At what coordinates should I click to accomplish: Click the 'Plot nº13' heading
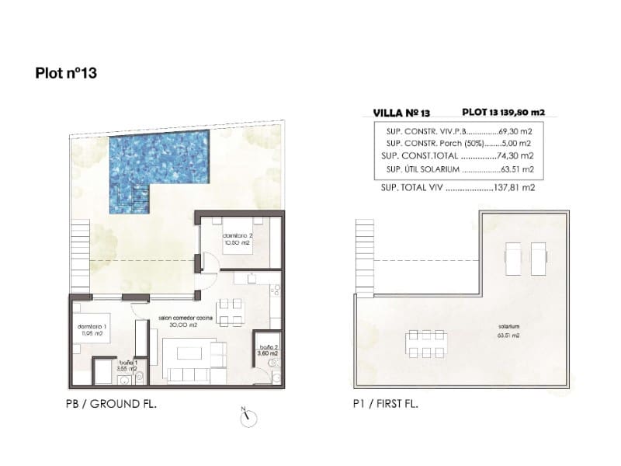point(66,74)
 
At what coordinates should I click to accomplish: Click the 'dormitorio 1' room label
point(90,329)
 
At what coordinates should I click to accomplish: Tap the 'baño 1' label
point(128,366)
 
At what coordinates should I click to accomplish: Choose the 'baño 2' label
point(268,349)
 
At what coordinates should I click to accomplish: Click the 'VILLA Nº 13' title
point(401,113)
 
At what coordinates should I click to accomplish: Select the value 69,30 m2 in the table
point(513,131)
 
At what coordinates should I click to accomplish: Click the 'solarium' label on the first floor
point(509,326)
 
